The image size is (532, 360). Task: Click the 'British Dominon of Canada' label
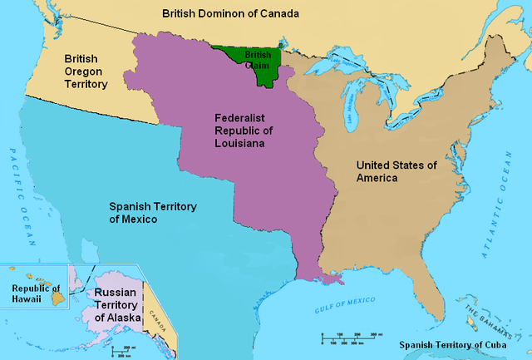point(230,14)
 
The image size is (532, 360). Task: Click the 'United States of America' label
point(396,171)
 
